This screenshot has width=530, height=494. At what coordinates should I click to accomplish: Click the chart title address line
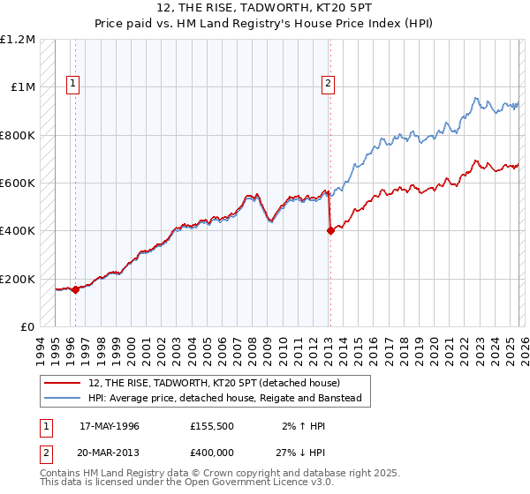coord(265,8)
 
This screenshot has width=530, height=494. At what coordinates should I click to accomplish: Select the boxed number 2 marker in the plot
coord(329,85)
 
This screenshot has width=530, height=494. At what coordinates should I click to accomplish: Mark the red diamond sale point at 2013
coord(330,231)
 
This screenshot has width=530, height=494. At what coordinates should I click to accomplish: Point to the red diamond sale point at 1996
coord(75,289)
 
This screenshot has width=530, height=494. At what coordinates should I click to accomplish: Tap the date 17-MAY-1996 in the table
coord(110,425)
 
